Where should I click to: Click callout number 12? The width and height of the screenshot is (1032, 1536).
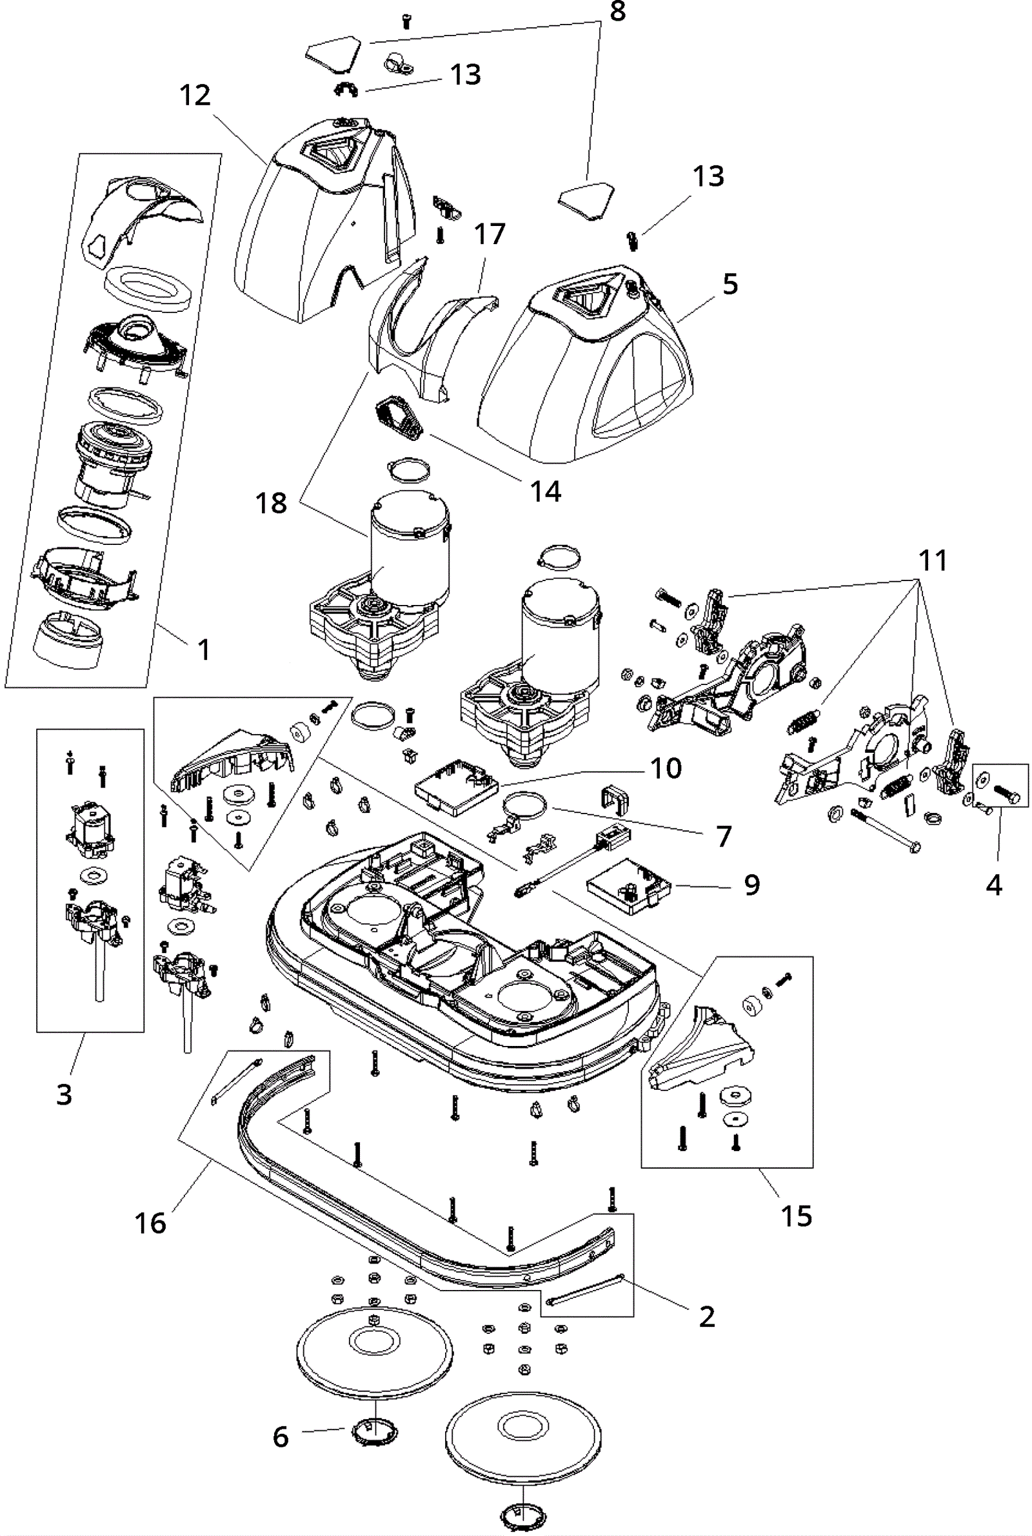click(195, 96)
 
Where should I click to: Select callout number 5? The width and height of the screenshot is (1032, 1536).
click(730, 285)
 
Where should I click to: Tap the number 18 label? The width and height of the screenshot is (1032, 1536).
click(271, 503)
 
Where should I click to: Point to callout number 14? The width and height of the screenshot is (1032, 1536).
click(546, 491)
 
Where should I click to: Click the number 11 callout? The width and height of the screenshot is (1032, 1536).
click(933, 561)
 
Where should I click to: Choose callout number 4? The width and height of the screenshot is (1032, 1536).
click(994, 885)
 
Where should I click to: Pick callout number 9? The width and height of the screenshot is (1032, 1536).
click(752, 885)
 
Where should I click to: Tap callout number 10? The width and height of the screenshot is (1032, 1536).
click(666, 769)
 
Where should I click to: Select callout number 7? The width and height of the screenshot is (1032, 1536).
click(723, 837)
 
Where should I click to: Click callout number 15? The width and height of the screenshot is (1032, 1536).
click(797, 1216)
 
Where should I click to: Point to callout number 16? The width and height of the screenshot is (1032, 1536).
click(150, 1223)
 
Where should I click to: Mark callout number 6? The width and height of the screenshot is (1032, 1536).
click(281, 1437)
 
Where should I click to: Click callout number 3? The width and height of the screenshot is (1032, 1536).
click(64, 1094)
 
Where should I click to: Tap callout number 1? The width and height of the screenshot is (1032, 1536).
click(204, 650)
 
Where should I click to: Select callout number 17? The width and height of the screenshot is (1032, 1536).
click(490, 234)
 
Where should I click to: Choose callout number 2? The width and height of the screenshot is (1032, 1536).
click(707, 1316)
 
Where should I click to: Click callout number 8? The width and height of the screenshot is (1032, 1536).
click(617, 12)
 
